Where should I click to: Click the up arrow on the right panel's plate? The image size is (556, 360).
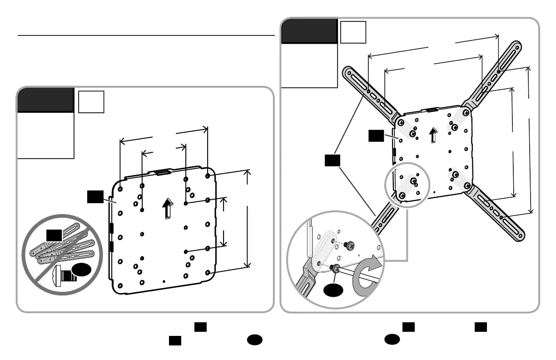(x=434, y=134)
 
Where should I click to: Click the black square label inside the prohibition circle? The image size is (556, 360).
(x=54, y=235)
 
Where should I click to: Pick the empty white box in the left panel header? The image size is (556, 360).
(x=91, y=101)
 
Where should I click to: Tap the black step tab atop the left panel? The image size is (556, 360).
(x=45, y=100)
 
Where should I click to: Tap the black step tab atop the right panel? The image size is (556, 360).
(x=309, y=30)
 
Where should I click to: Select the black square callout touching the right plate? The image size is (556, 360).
(x=376, y=135)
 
